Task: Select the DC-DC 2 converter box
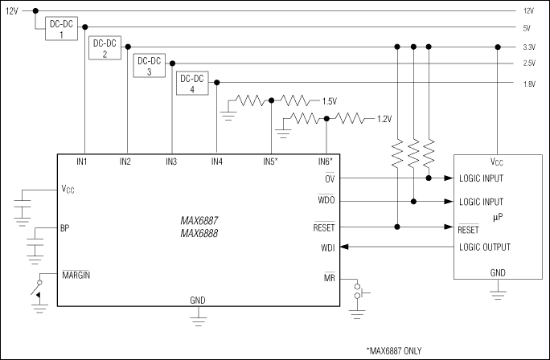tap(105, 47)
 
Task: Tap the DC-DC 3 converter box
tap(150, 64)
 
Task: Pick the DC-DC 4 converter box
tap(193, 83)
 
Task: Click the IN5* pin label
tap(270, 162)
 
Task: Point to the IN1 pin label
tap(81, 162)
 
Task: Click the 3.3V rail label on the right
tap(527, 46)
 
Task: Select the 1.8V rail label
tap(527, 83)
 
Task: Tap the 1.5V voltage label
tap(329, 101)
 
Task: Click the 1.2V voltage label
tap(384, 119)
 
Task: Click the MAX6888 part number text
tap(198, 234)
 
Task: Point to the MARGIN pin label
tap(76, 275)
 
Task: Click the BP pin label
tap(65, 228)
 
